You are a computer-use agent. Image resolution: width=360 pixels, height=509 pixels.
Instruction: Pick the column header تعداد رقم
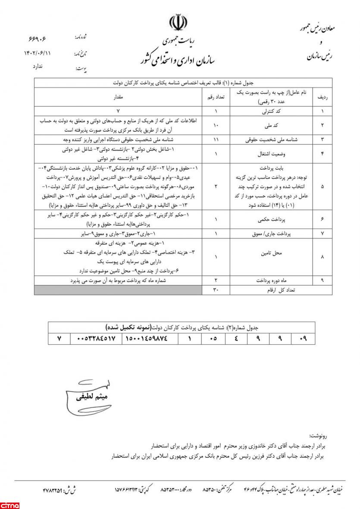pos(217,98)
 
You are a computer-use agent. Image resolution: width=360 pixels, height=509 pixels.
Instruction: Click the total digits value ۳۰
pos(217,290)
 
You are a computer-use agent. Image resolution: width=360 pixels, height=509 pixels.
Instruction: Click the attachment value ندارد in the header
pos(40,67)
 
